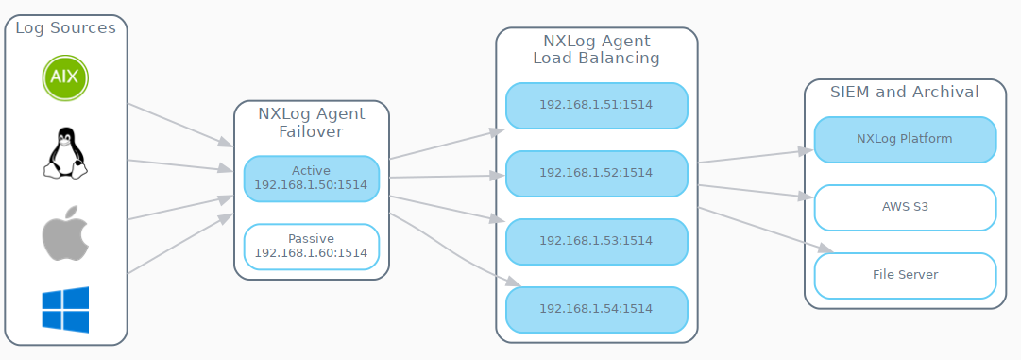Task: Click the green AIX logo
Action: pyautogui.click(x=65, y=77)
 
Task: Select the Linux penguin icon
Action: pyautogui.click(x=65, y=152)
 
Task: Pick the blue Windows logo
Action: pyautogui.click(x=65, y=310)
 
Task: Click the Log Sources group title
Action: pyautogui.click(x=65, y=28)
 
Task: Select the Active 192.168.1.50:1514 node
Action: pyautogui.click(x=311, y=178)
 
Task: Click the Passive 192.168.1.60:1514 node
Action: pyautogui.click(x=311, y=246)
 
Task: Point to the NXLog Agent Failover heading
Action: pyautogui.click(x=311, y=123)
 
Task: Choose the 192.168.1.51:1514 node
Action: pyautogui.click(x=596, y=105)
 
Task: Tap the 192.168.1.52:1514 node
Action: pyautogui.click(x=596, y=173)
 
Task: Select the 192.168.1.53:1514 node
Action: pyautogui.click(x=596, y=241)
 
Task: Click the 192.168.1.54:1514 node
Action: pyautogui.click(x=596, y=309)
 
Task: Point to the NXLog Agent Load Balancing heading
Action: pyautogui.click(x=596, y=49)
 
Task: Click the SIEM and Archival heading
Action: pyautogui.click(x=904, y=93)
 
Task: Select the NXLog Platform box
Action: pyautogui.click(x=904, y=139)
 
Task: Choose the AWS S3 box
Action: pyautogui.click(x=904, y=207)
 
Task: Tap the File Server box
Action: pyautogui.click(x=904, y=275)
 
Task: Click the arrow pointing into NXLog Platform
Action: pyautogui.click(x=756, y=156)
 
